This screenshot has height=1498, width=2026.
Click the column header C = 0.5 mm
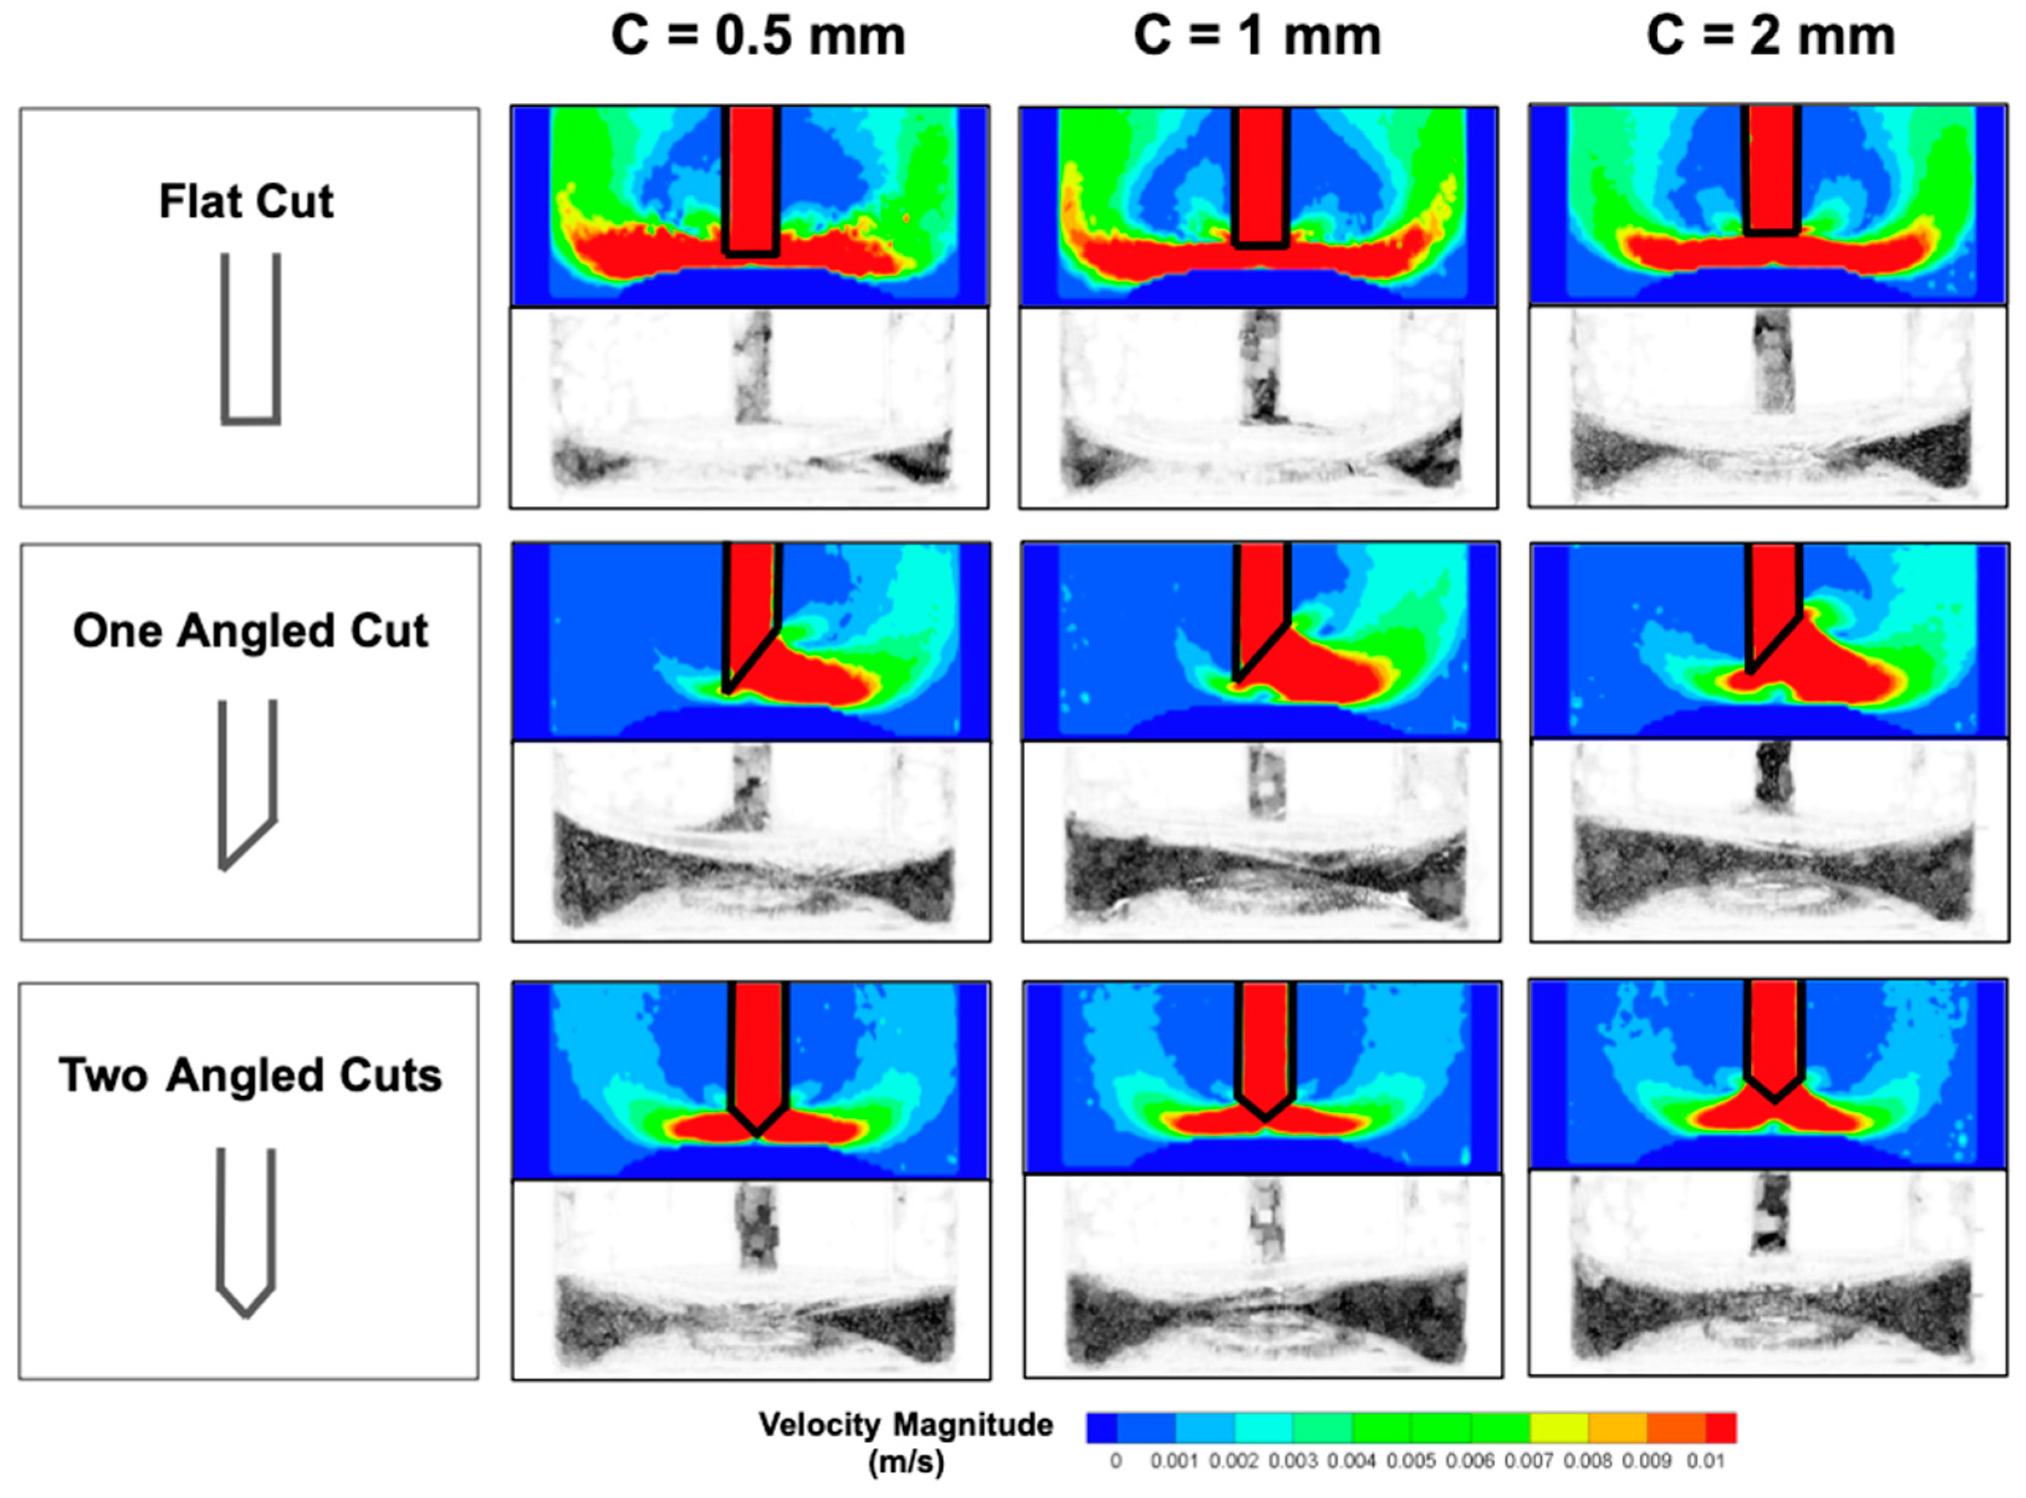[758, 37]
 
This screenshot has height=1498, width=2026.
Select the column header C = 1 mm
[1257, 37]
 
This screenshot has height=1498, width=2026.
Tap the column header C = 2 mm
[1770, 37]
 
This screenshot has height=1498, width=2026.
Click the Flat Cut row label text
[246, 201]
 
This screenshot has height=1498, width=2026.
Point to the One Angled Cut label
[250, 631]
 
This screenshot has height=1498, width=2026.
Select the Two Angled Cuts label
[250, 1076]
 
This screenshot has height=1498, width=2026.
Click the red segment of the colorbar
[1720, 1427]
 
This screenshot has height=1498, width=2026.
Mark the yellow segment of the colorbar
[1559, 1427]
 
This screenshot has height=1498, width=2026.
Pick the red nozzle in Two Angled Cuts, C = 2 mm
[1774, 1038]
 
